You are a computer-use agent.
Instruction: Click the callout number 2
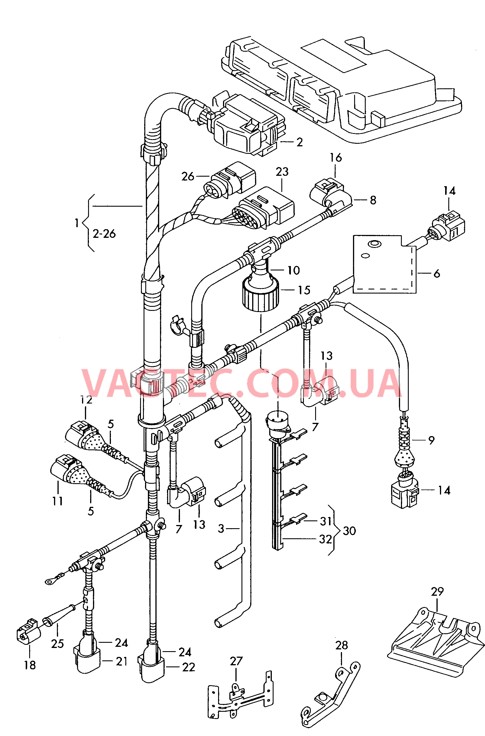pos(299,142)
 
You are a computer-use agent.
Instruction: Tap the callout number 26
pos(187,177)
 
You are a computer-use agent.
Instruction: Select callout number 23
pos(282,172)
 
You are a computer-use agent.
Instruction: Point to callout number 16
pos(336,158)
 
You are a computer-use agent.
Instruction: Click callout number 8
pos(373,200)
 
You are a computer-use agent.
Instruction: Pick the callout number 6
pos(437,273)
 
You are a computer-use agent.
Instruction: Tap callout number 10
pos(293,271)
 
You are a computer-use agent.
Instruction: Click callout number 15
pos(304,290)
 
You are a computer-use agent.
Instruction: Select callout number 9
pos(432,440)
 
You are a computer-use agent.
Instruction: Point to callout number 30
pos(350,531)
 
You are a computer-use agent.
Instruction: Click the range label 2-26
pos(104,234)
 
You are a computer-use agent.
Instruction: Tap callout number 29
pos(437,592)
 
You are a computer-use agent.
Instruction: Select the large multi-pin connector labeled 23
pos(263,208)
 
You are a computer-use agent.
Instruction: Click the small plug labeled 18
pos(28,630)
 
